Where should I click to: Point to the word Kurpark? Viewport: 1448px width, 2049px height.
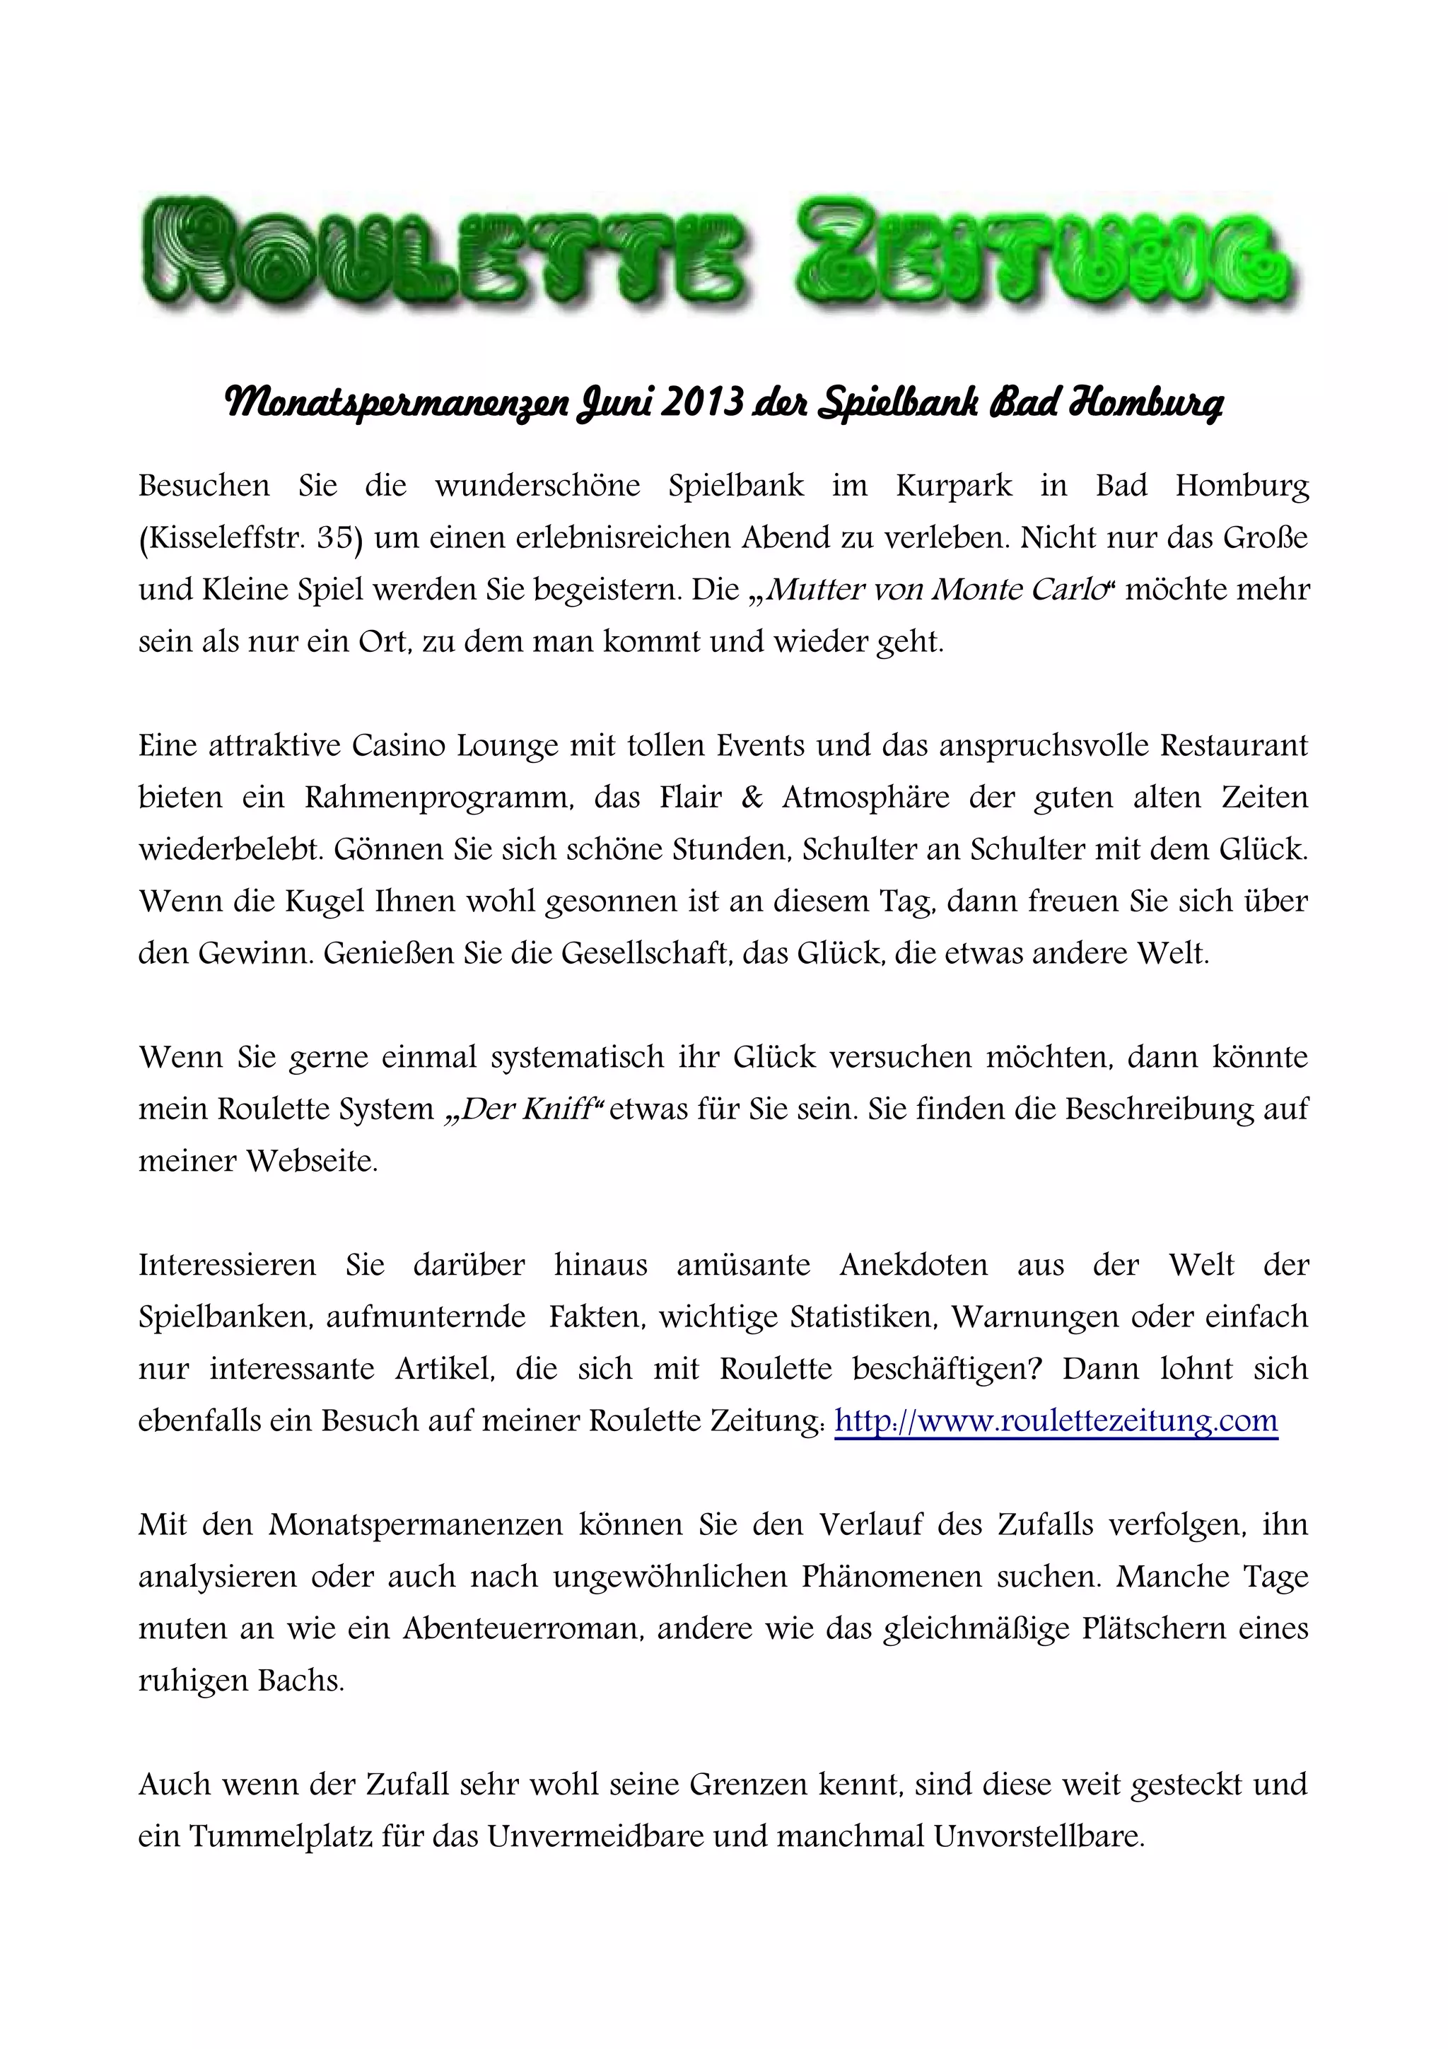[954, 486]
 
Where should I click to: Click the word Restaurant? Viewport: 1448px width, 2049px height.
[1233, 745]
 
